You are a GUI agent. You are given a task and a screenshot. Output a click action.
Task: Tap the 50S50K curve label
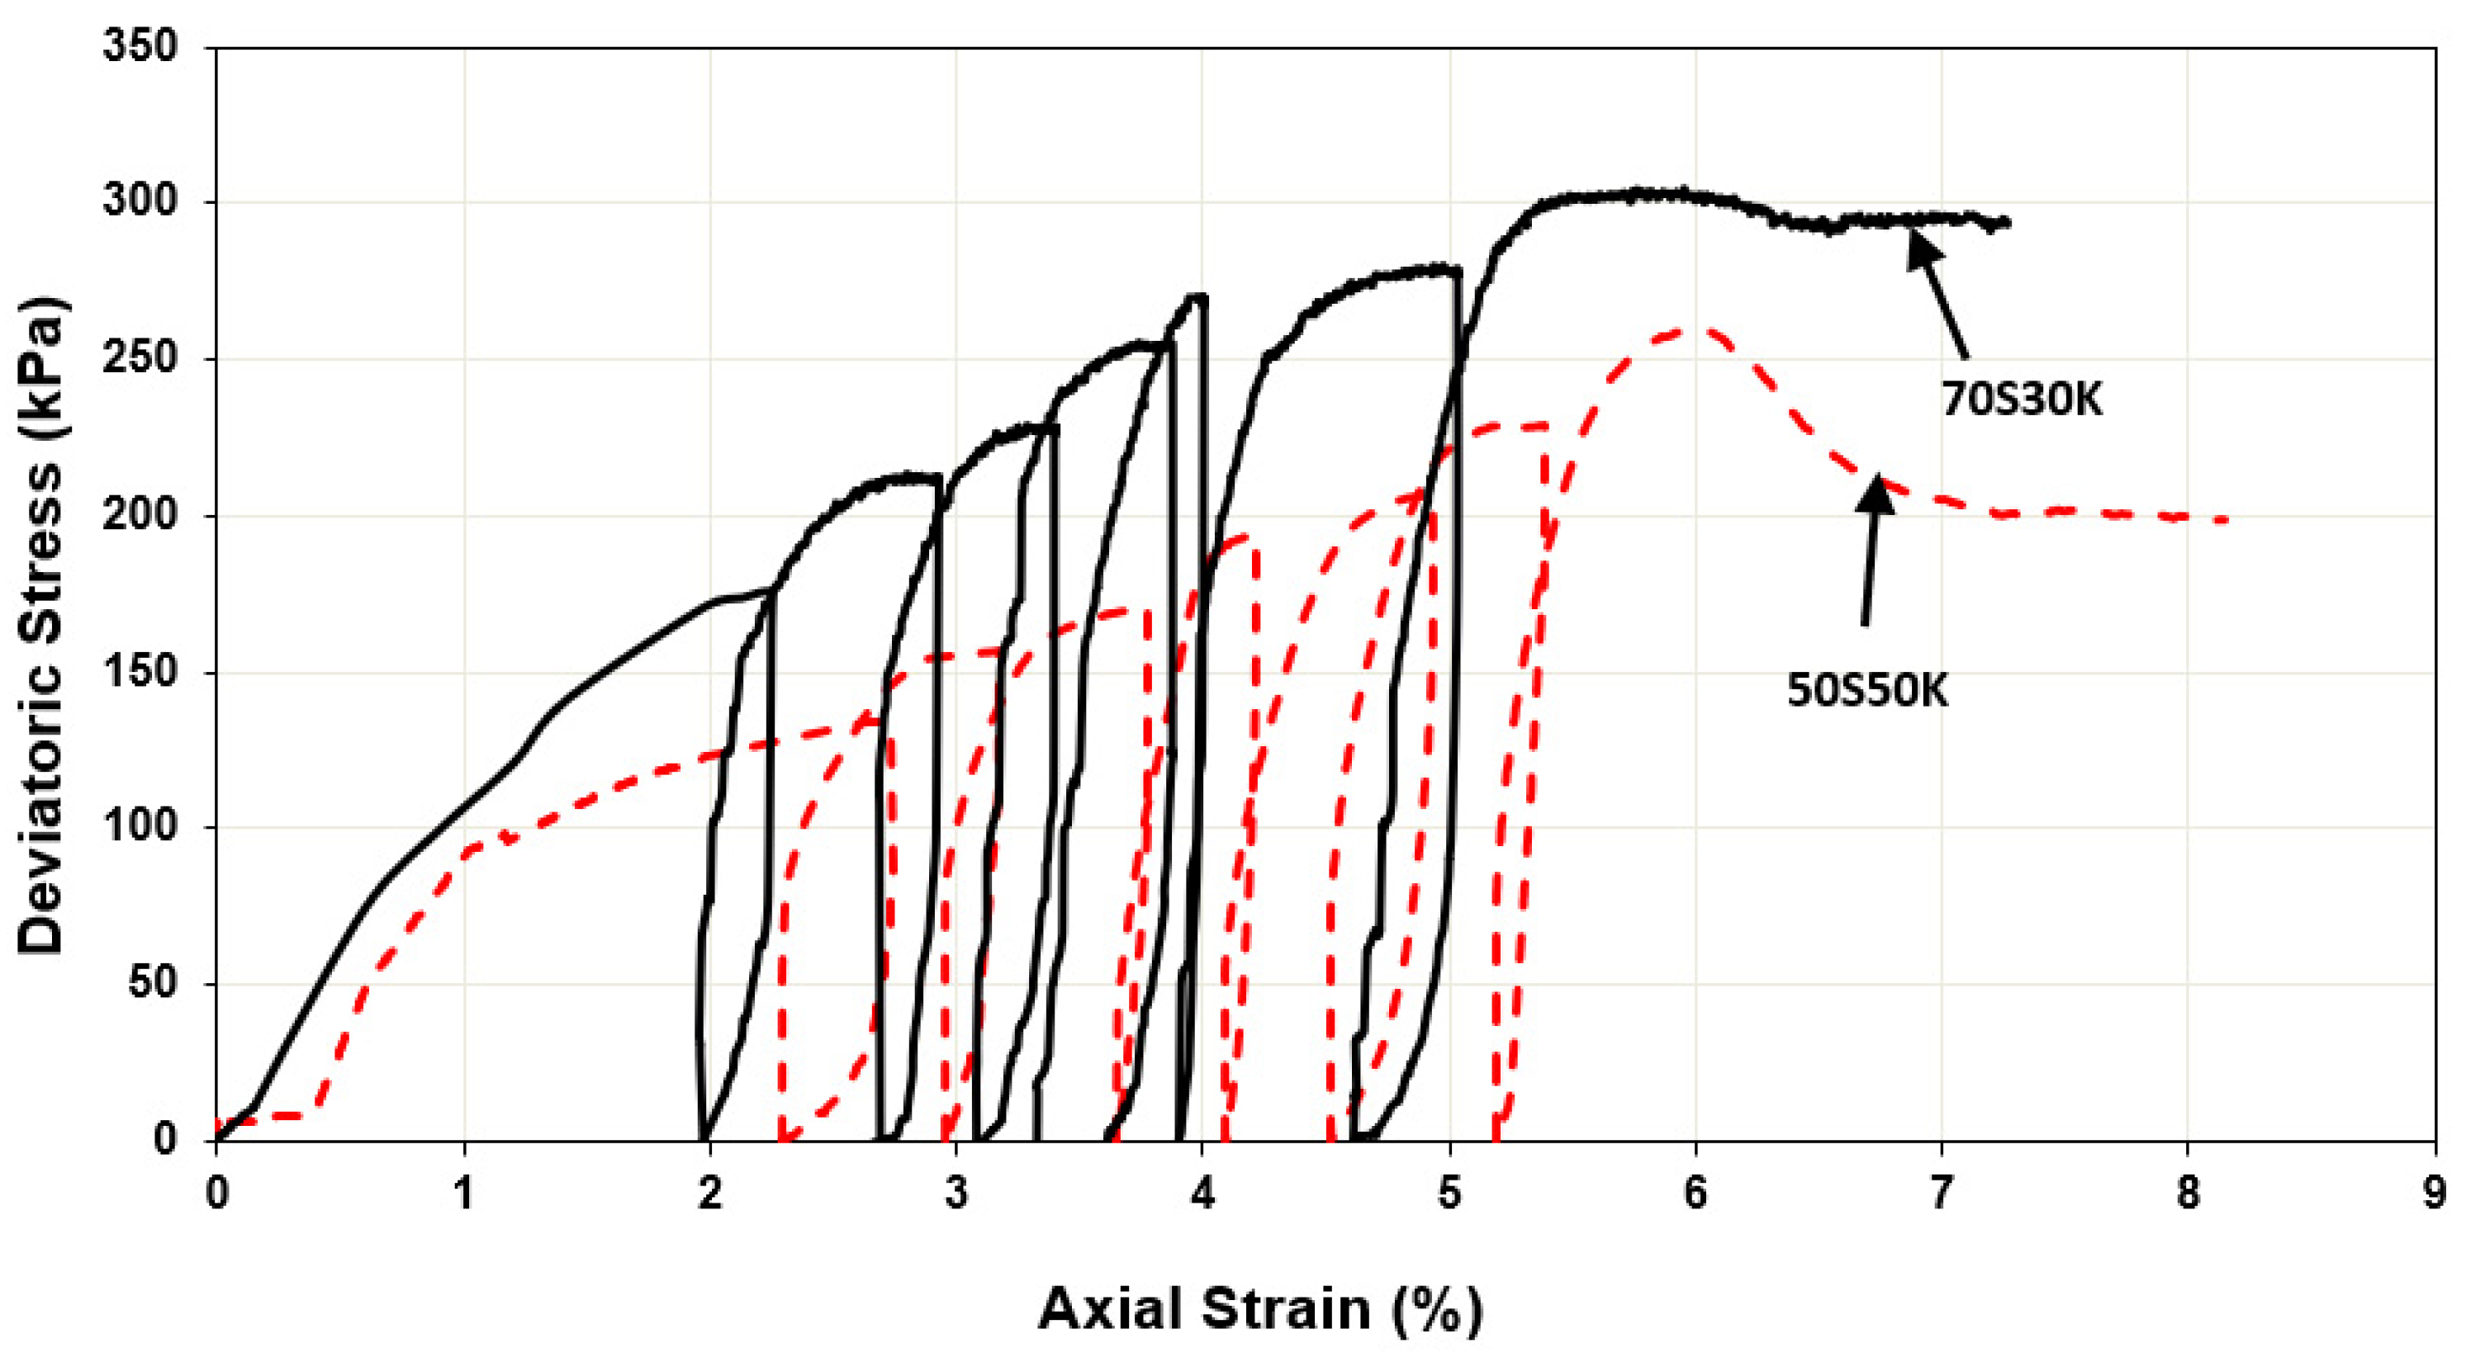pos(1866,690)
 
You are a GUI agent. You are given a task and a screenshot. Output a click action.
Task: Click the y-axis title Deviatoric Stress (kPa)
pos(42,627)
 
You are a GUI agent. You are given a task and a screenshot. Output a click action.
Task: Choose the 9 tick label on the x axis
pos(2435,1194)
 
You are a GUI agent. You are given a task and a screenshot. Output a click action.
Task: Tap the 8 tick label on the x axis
pos(2189,1194)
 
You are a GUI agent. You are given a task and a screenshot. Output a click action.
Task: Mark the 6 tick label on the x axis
pos(1695,1194)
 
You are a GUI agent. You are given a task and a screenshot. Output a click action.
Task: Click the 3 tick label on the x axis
pos(956,1194)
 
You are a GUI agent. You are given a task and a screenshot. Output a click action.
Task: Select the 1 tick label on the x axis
pos(463,1194)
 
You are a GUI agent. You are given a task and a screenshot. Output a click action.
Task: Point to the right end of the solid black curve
pos(2008,223)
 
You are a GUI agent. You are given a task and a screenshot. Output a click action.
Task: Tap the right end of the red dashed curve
pos(2227,520)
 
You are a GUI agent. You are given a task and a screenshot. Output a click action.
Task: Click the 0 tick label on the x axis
pos(217,1194)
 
